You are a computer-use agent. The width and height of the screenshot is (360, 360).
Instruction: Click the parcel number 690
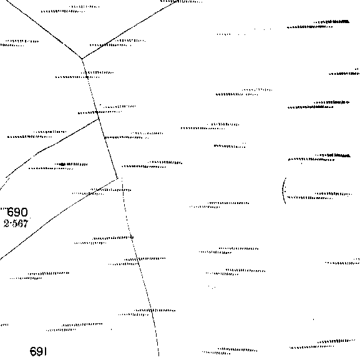(17, 212)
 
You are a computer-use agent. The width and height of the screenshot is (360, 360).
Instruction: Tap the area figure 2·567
(16, 223)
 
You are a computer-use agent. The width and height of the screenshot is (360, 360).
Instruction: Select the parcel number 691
(38, 351)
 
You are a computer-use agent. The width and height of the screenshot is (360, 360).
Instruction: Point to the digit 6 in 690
(11, 212)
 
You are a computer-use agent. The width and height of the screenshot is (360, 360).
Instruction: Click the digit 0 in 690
(25, 212)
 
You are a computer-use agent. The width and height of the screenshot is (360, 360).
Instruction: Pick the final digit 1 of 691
(46, 351)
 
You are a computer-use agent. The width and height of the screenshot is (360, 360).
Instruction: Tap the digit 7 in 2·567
(26, 223)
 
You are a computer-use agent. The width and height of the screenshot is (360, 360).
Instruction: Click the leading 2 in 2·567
(6, 223)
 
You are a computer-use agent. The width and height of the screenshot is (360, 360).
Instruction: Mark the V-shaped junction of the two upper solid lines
(82, 59)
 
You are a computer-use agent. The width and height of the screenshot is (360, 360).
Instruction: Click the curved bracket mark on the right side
(283, 190)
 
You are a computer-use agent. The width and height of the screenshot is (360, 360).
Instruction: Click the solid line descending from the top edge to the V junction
(129, 29)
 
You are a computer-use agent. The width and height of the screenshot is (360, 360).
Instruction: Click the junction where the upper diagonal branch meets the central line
(99, 119)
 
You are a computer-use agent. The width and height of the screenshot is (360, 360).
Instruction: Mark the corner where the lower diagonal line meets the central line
(117, 178)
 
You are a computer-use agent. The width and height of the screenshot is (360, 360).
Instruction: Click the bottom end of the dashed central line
(158, 356)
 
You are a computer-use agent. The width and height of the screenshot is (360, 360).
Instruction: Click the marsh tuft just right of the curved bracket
(319, 196)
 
